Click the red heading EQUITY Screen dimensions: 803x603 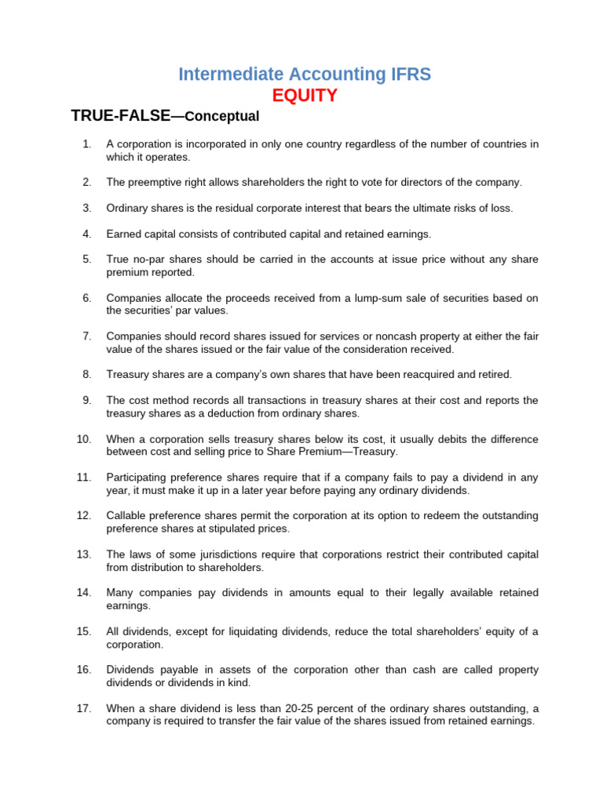(x=305, y=96)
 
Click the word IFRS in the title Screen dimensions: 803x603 (x=407, y=74)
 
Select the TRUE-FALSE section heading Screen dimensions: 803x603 (x=121, y=116)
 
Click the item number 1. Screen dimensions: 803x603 (x=86, y=144)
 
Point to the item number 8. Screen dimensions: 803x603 (x=86, y=374)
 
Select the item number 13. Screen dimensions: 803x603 (x=84, y=554)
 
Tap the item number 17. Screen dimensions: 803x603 (x=84, y=708)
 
